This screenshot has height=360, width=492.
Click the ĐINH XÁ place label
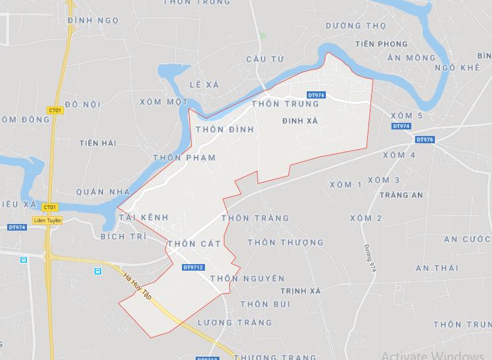coord(300,121)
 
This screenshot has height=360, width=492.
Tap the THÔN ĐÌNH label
coord(224,130)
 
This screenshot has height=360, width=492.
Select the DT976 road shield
coord(425,139)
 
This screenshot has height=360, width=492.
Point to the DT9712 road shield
coord(194,267)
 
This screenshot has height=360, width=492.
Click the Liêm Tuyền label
coord(47,221)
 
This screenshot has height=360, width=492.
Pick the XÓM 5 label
coord(406,116)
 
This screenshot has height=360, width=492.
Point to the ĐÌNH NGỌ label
coord(93,20)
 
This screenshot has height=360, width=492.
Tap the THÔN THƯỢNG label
coord(286,242)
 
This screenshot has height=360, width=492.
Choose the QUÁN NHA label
coord(104,192)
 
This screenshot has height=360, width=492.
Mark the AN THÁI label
coord(436,268)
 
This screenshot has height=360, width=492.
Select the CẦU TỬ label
coord(265,59)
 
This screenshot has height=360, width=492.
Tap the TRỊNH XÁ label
coord(300,290)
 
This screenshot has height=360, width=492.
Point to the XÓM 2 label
coord(366,218)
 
